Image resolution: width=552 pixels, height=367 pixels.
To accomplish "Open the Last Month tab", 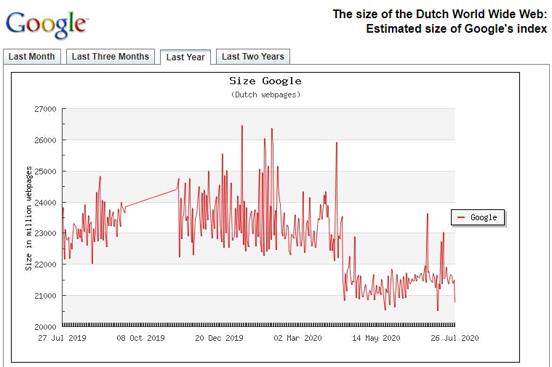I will (31, 57).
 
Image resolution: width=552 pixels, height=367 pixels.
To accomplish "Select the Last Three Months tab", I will (110, 57).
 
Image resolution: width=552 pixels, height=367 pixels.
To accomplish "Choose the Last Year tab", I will (185, 57).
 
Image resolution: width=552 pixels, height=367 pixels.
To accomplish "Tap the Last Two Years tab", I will (253, 57).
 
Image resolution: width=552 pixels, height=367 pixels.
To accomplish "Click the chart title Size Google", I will (265, 81).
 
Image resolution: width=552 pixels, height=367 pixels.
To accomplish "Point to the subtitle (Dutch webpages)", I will (265, 94).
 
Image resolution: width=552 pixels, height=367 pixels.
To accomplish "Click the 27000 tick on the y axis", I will (45, 109).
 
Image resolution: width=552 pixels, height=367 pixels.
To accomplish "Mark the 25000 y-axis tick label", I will (45, 172).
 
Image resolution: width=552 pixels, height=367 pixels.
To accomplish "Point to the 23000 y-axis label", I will (45, 233).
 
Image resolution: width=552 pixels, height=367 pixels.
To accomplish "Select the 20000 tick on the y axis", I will (45, 326).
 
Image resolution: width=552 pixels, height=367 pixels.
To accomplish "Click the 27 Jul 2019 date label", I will (62, 338).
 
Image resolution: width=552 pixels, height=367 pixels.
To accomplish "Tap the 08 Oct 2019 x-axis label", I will (140, 338).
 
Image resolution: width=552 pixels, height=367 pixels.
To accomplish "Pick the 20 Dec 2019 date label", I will (219, 338).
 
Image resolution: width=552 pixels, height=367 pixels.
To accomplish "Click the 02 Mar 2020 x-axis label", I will (297, 338).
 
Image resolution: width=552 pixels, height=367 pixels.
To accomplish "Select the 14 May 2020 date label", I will (376, 338).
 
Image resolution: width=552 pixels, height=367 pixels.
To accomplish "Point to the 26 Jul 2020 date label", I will (455, 338).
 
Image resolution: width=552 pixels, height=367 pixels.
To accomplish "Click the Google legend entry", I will (478, 217).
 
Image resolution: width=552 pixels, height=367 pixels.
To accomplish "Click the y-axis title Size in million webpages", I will (29, 218).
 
